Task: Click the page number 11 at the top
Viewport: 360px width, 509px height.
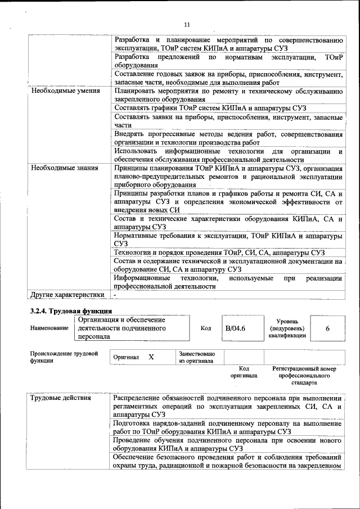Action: coord(187,24)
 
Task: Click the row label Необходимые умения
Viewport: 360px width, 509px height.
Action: coord(65,91)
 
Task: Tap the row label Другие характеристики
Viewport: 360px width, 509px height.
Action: coord(67,294)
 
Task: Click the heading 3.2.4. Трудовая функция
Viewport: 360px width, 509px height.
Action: coord(71,311)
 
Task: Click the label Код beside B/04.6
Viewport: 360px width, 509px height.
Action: coord(206,328)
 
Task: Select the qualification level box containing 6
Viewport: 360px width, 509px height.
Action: coord(327,328)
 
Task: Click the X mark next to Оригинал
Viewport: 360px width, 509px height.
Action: coord(151,357)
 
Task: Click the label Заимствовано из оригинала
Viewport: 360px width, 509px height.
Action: coord(196,357)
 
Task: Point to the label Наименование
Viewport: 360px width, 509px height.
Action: coord(49,328)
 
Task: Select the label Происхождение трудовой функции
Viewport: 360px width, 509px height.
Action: coord(64,357)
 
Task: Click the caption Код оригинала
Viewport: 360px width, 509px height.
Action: coord(244,371)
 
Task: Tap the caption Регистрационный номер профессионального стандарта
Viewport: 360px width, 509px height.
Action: coord(304,375)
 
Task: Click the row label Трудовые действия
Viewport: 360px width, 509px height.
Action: coord(61,399)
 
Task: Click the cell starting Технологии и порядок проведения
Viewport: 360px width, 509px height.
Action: coord(219,253)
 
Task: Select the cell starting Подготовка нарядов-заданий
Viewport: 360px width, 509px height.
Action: coord(228,427)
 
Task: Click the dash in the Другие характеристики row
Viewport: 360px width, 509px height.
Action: coord(115,294)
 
